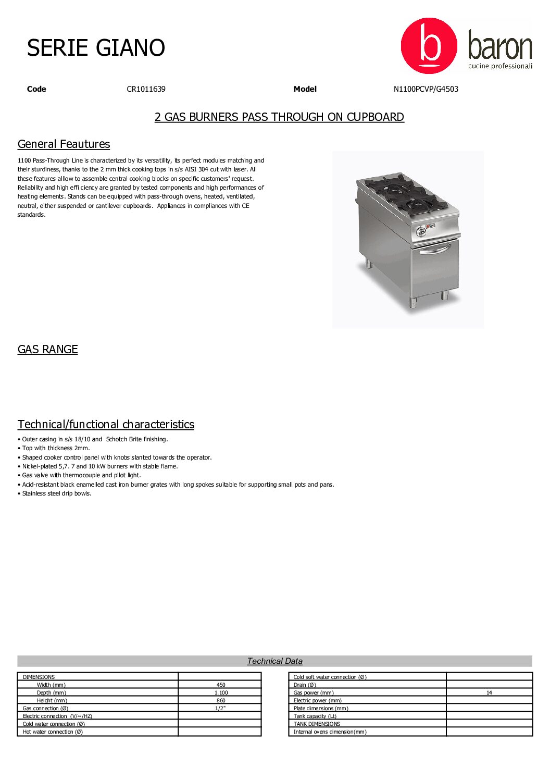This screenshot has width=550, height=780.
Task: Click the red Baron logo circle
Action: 429,46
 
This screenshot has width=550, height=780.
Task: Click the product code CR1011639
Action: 146,89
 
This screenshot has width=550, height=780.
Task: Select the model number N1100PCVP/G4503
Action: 426,89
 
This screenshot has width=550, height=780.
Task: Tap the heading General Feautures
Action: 64,144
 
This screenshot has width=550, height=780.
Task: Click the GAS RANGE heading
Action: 47,350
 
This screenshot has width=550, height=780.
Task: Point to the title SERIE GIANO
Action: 96,48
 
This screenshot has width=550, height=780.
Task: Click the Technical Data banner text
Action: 274,661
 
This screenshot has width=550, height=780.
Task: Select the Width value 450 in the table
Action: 221,685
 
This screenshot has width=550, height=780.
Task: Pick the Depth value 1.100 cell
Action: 221,693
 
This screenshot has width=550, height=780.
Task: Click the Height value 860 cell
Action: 221,701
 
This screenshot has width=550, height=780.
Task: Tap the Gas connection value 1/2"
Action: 220,709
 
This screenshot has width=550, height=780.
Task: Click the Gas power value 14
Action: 489,693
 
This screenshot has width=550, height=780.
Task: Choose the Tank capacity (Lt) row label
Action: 315,716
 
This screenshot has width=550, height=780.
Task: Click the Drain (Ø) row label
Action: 305,685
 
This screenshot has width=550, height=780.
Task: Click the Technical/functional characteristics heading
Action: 106,425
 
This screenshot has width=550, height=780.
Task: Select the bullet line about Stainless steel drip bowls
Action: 56,494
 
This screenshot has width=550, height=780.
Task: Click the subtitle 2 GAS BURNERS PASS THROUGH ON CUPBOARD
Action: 279,117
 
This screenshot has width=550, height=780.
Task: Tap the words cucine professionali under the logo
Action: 500,66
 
